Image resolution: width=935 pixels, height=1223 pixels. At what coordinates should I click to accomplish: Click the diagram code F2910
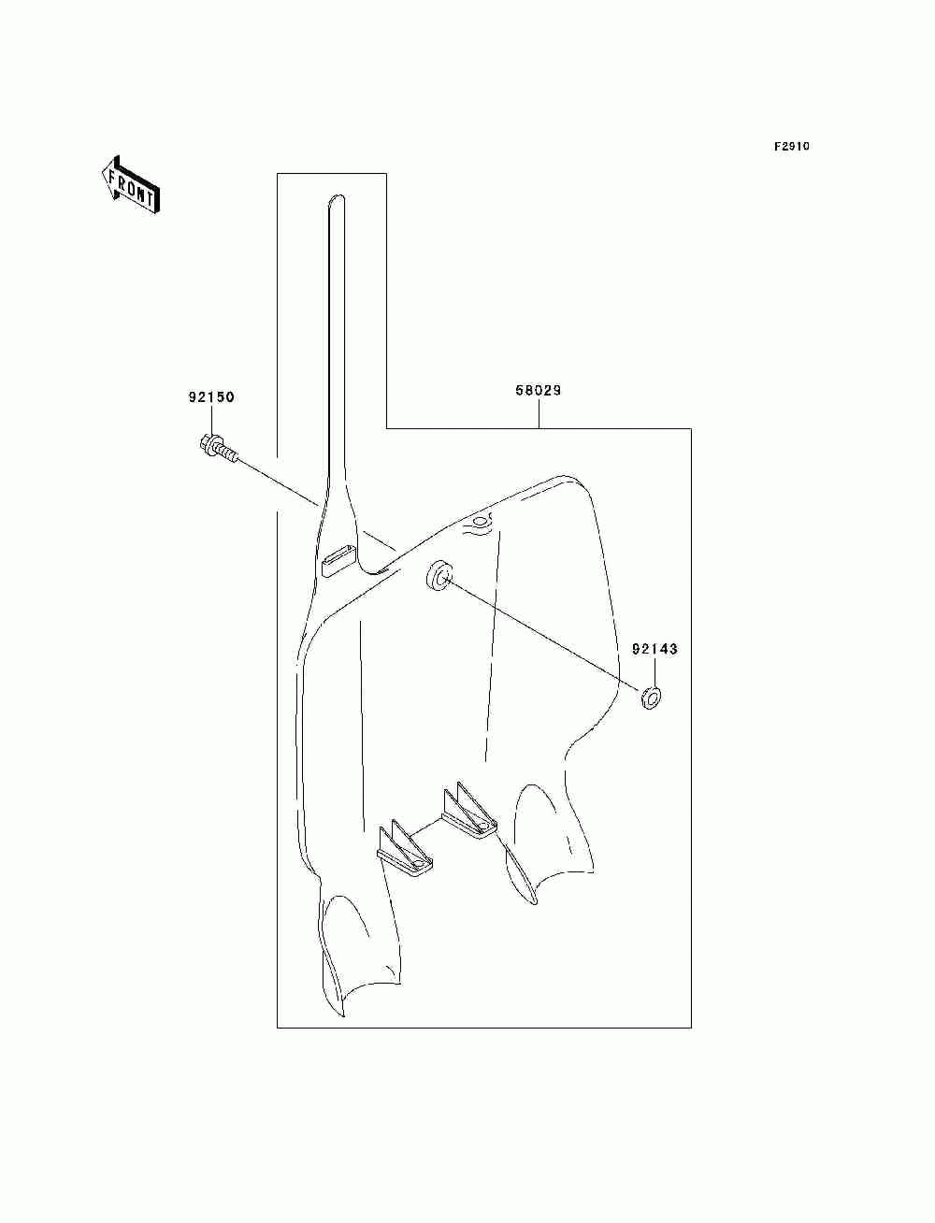point(791,147)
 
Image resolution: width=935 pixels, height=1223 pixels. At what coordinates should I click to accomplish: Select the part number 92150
point(210,397)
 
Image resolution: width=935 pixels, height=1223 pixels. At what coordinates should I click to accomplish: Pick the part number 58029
point(539,391)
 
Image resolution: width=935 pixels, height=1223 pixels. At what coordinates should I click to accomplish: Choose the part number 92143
point(654,649)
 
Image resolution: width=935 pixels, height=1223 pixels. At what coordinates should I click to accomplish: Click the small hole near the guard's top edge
point(480,520)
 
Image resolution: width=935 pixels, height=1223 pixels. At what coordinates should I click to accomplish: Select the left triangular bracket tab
point(405,847)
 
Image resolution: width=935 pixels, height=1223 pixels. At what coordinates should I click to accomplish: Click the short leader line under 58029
point(539,415)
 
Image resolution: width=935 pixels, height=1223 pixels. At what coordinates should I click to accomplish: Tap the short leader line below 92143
point(653,673)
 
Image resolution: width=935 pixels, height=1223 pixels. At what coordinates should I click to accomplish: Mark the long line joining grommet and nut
point(542,637)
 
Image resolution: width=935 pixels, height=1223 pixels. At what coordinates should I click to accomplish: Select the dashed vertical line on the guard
point(492,645)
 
